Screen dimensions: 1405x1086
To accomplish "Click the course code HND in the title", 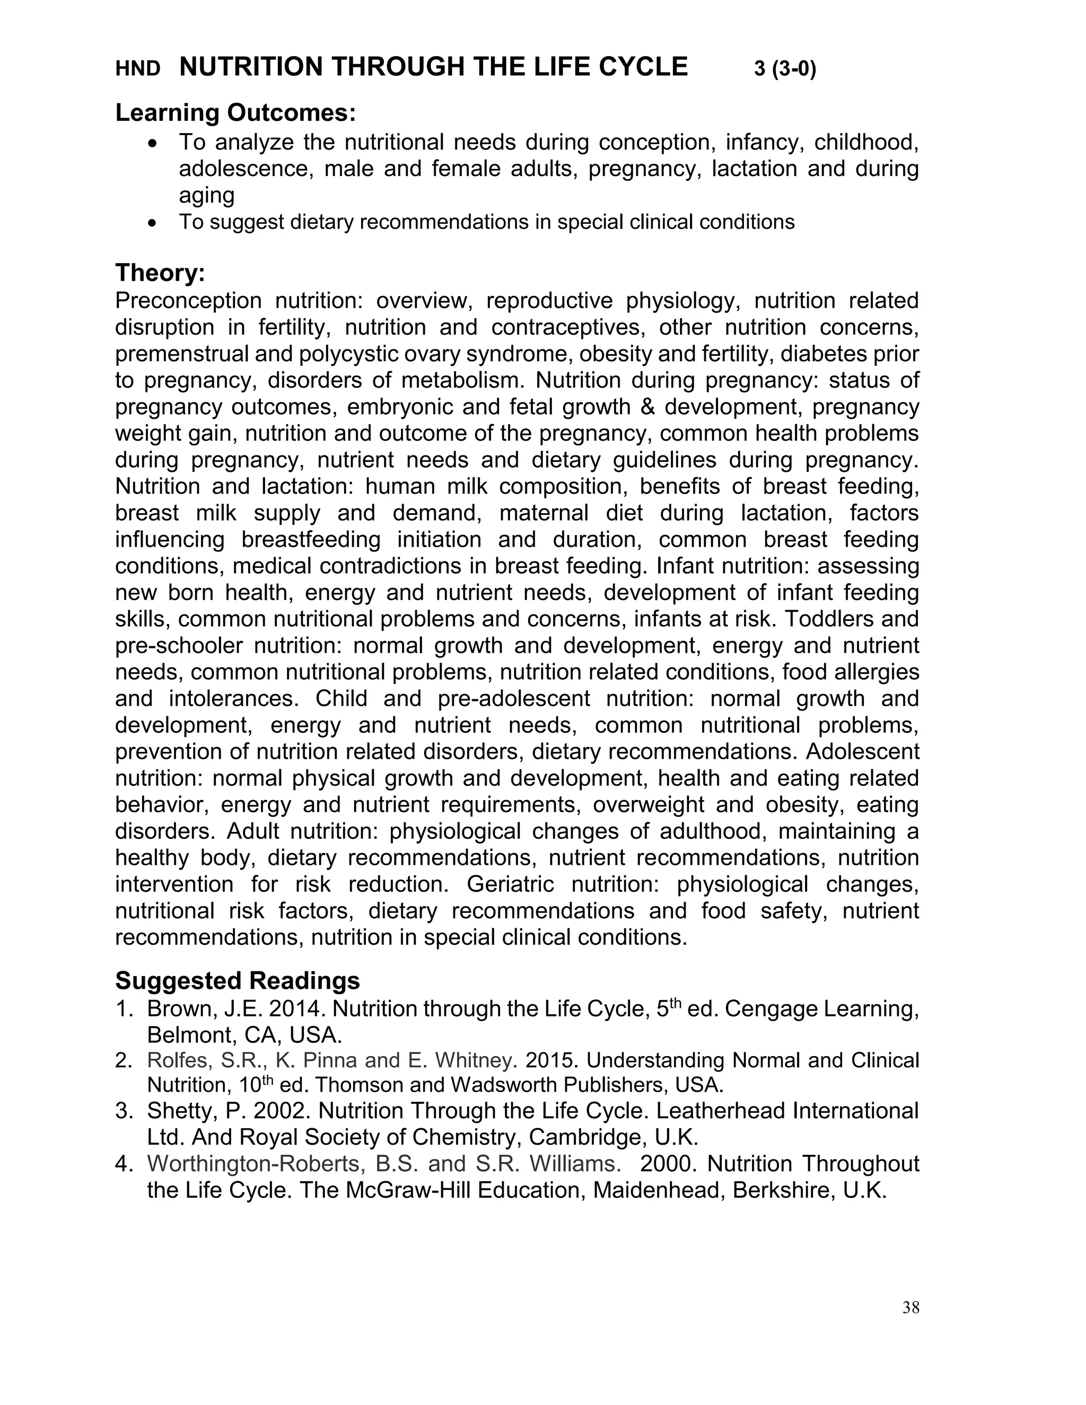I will click(138, 69).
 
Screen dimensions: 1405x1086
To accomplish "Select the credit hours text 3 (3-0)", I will click(785, 69).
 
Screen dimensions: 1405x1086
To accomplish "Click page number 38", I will click(910, 1307).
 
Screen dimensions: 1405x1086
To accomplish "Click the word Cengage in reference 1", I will click(772, 1009).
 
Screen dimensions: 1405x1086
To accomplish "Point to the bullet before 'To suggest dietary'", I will click(152, 223).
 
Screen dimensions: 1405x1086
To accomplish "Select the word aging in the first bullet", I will click(206, 195).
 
